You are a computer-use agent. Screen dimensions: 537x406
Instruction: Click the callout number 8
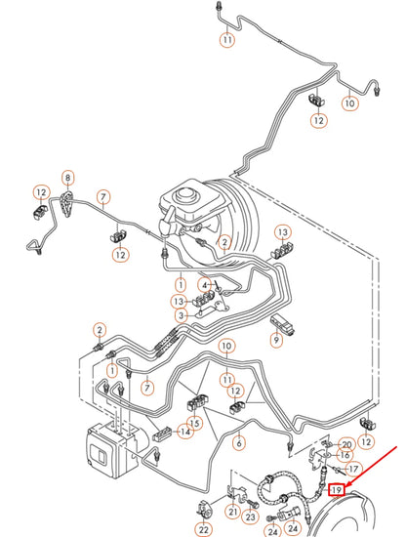67,178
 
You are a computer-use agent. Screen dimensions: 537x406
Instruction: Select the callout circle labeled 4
205,284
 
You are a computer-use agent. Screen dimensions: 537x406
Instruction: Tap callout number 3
181,315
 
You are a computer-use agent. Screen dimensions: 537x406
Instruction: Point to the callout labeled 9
276,341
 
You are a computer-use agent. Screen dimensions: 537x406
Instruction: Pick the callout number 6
239,442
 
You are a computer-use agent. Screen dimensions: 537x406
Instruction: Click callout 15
194,423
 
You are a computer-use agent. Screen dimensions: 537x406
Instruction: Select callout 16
344,455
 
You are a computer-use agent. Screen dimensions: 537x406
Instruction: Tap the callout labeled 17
353,469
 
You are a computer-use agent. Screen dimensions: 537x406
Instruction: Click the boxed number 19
337,489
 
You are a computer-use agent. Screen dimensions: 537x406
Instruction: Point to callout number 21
232,512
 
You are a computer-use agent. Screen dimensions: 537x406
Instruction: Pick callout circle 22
203,528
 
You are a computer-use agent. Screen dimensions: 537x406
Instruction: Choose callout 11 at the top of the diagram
226,40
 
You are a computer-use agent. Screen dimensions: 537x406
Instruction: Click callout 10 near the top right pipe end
350,102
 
